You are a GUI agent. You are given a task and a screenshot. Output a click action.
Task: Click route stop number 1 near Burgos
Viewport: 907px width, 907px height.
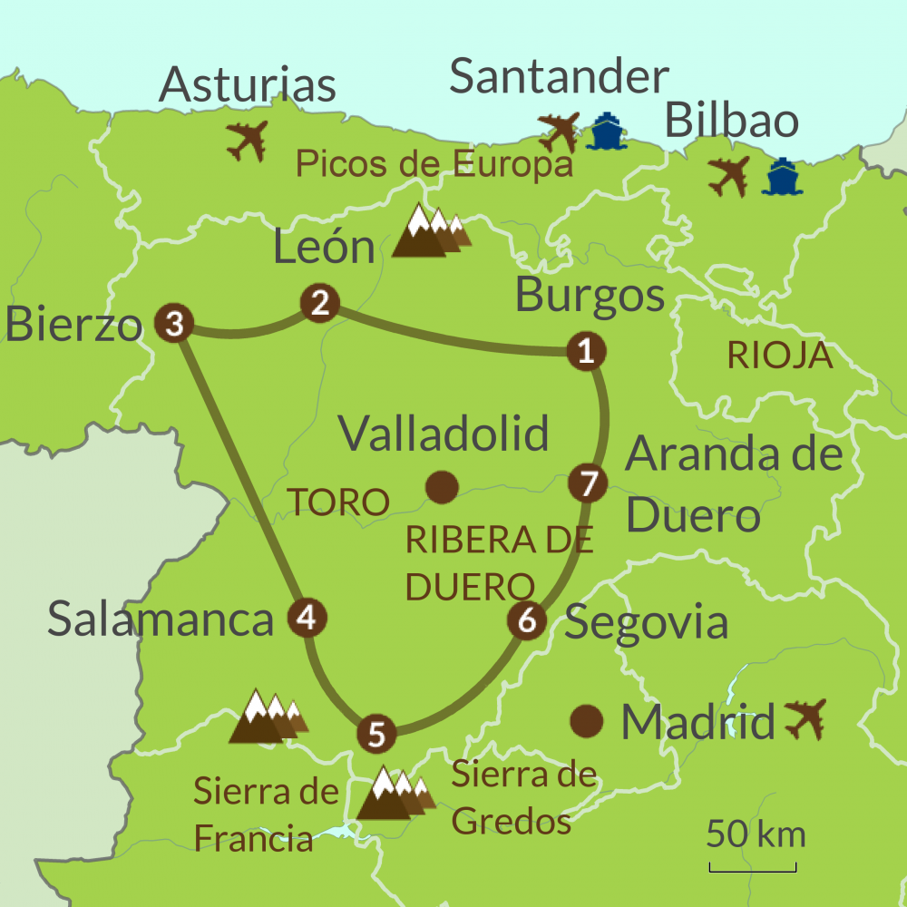click(x=586, y=350)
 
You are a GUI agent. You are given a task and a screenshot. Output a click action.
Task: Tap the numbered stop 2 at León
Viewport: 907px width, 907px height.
click(x=319, y=303)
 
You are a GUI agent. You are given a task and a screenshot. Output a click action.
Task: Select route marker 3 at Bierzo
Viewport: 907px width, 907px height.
click(x=174, y=322)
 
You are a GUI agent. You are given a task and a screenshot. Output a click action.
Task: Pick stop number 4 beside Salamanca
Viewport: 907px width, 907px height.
click(x=307, y=619)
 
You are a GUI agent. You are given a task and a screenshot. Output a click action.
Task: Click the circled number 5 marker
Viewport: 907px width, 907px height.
click(x=376, y=733)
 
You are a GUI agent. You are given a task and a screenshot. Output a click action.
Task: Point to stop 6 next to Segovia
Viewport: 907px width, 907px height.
click(x=527, y=621)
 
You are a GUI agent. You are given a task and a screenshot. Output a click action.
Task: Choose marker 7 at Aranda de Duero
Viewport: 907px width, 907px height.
click(x=587, y=482)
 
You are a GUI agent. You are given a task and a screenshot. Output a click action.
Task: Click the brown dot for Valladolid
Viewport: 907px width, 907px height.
click(x=442, y=487)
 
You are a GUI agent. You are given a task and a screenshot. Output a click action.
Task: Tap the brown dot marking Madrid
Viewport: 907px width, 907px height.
click(x=587, y=721)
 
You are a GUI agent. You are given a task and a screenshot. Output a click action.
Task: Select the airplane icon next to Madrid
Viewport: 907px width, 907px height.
click(x=805, y=718)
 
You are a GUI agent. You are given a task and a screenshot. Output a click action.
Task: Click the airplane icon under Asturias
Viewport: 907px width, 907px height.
click(x=247, y=141)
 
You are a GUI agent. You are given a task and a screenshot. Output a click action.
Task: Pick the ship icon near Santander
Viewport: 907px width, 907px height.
click(x=603, y=132)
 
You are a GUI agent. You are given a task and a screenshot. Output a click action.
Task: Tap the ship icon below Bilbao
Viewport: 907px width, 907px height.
click(x=781, y=177)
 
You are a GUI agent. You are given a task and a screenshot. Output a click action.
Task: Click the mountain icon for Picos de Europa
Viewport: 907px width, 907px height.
click(x=432, y=230)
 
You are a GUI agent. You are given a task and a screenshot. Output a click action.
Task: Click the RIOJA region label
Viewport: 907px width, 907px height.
click(x=780, y=356)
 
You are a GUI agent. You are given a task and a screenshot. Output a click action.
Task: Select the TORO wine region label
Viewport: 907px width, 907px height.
click(x=337, y=502)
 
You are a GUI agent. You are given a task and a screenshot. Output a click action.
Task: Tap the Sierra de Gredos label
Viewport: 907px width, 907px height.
click(x=523, y=798)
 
